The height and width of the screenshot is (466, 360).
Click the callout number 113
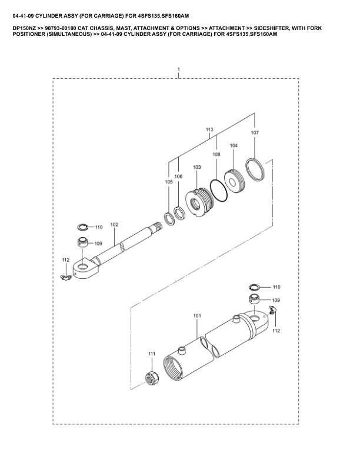pos(209,129)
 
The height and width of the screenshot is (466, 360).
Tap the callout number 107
pos(255,133)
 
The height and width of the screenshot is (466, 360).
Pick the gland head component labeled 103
pos(199,202)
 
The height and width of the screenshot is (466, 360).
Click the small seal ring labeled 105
pos(169,219)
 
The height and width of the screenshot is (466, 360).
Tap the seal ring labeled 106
pos(179,214)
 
